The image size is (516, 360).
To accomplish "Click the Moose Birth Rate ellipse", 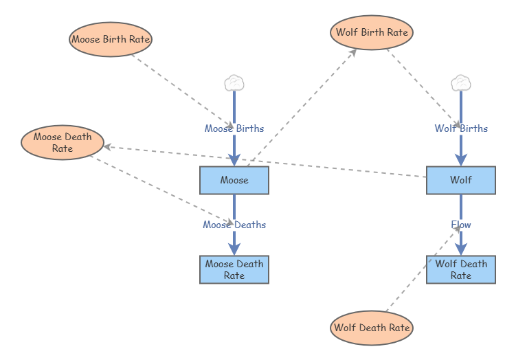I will pyautogui.click(x=111, y=40).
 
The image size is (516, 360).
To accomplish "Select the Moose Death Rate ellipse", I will pyautogui.click(x=63, y=142).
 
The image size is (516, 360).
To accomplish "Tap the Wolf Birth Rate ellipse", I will pyautogui.click(x=372, y=32).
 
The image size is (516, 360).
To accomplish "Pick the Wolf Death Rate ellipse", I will pyautogui.click(x=372, y=328).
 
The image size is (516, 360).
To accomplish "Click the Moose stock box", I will pyautogui.click(x=234, y=180).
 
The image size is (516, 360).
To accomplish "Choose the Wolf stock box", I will pyautogui.click(x=461, y=180).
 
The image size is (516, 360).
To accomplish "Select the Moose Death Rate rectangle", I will pyautogui.click(x=234, y=269).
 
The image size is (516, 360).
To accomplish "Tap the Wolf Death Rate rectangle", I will pyautogui.click(x=461, y=269).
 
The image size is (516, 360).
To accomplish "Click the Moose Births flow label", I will pyautogui.click(x=234, y=128).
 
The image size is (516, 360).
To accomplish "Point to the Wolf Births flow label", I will pyautogui.click(x=461, y=128).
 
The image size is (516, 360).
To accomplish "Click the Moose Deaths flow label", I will pyautogui.click(x=234, y=225).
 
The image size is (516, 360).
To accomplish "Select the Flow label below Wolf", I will pyautogui.click(x=461, y=225).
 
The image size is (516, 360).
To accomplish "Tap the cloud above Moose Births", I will pyautogui.click(x=234, y=83).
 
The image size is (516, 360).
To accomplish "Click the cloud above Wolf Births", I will pyautogui.click(x=461, y=83).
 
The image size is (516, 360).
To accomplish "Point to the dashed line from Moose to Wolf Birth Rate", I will pyautogui.click(x=302, y=106).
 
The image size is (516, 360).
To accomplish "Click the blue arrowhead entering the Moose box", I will pyautogui.click(x=234, y=160).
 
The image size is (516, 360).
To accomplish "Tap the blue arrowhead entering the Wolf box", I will pyautogui.click(x=461, y=160).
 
